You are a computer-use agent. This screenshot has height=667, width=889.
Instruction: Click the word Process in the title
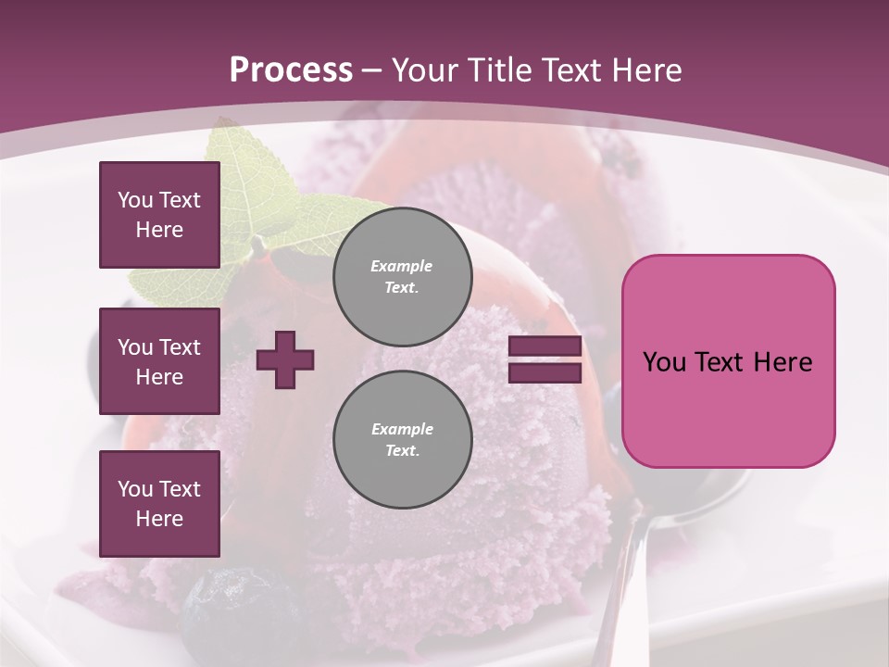click(x=291, y=70)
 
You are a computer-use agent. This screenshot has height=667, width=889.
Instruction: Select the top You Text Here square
click(x=159, y=215)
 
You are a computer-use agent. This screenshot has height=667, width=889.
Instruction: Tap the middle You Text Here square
click(x=159, y=361)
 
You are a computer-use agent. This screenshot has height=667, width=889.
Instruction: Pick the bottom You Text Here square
click(x=159, y=503)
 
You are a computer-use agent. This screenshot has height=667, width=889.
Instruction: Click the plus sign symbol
click(x=285, y=360)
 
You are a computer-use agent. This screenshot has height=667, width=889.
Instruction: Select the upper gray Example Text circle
click(x=403, y=277)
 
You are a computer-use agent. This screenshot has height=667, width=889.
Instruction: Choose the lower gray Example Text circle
click(x=403, y=440)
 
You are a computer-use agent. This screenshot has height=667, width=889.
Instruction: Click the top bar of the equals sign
click(x=545, y=346)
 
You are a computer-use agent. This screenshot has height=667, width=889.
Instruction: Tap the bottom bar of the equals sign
click(x=545, y=372)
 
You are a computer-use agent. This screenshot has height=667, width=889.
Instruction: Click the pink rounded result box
click(x=728, y=361)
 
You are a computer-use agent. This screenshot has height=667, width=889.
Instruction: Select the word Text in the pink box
click(x=727, y=362)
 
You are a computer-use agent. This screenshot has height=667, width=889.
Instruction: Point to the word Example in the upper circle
click(x=402, y=266)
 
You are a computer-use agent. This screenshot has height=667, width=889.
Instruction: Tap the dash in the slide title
click(x=372, y=70)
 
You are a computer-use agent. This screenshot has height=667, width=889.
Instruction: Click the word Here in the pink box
click(x=784, y=362)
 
